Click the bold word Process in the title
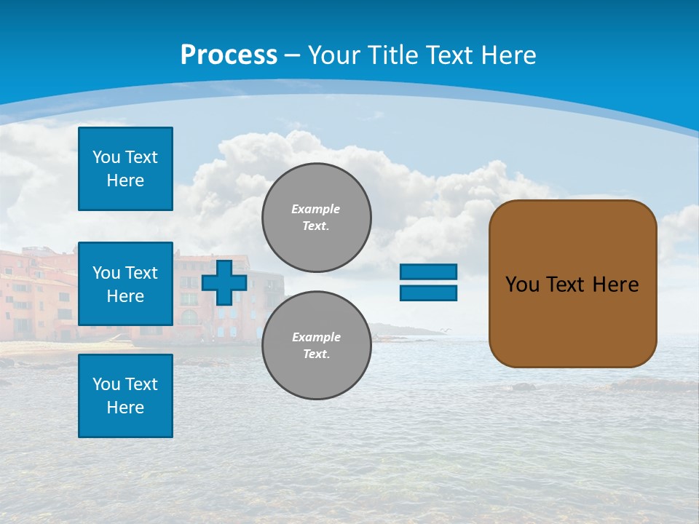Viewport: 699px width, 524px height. [x=229, y=55]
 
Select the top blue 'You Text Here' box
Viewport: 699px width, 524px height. [x=125, y=169]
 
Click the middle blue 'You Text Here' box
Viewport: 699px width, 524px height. [x=125, y=284]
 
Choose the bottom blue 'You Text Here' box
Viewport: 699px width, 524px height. [x=125, y=396]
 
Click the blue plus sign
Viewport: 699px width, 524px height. [x=224, y=282]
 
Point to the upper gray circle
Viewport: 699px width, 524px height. [x=317, y=218]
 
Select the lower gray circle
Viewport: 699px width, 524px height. [x=317, y=346]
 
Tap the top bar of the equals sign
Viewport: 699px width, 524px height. [x=429, y=272]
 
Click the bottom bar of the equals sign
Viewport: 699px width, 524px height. [x=429, y=293]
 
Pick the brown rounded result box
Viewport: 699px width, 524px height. [x=573, y=283]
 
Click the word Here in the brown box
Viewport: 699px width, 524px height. [x=616, y=285]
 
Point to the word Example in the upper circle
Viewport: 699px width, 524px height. [x=316, y=209]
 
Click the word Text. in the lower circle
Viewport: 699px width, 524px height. [x=316, y=354]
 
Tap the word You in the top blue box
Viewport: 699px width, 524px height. [x=106, y=157]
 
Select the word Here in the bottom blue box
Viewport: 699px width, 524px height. [x=125, y=408]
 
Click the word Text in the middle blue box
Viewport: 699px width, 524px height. [x=141, y=273]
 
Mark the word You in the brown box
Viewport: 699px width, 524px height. [x=521, y=285]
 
